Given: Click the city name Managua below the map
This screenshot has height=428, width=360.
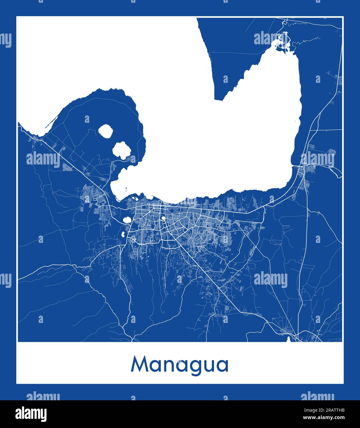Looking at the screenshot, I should [180, 365].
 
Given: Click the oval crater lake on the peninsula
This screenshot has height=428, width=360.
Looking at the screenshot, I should [106, 131].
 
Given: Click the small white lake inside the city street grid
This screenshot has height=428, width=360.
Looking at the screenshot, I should [163, 218].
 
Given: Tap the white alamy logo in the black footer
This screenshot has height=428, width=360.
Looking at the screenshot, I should [31, 414].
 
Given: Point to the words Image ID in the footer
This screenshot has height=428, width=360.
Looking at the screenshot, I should [311, 410].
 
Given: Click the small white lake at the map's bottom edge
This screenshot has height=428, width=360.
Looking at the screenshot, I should [288, 339].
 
